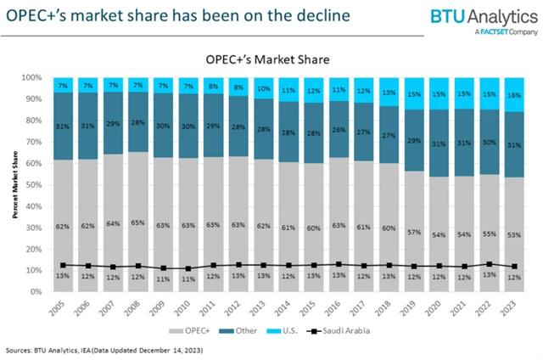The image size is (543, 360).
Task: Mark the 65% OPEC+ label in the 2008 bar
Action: tap(137, 226)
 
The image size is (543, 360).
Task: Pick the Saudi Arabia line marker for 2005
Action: tap(62, 265)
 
